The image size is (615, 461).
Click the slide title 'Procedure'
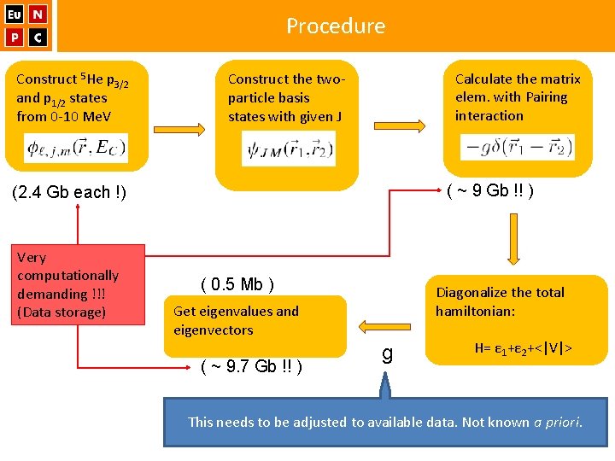click(336, 26)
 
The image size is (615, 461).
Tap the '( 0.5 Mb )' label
click(237, 284)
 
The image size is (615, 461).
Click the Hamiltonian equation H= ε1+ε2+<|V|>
click(523, 348)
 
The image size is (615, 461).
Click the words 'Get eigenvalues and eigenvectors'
click(236, 320)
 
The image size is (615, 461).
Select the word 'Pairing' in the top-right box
click(547, 97)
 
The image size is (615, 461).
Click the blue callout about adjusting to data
click(385, 421)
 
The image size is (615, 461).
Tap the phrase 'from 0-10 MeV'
click(65, 116)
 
